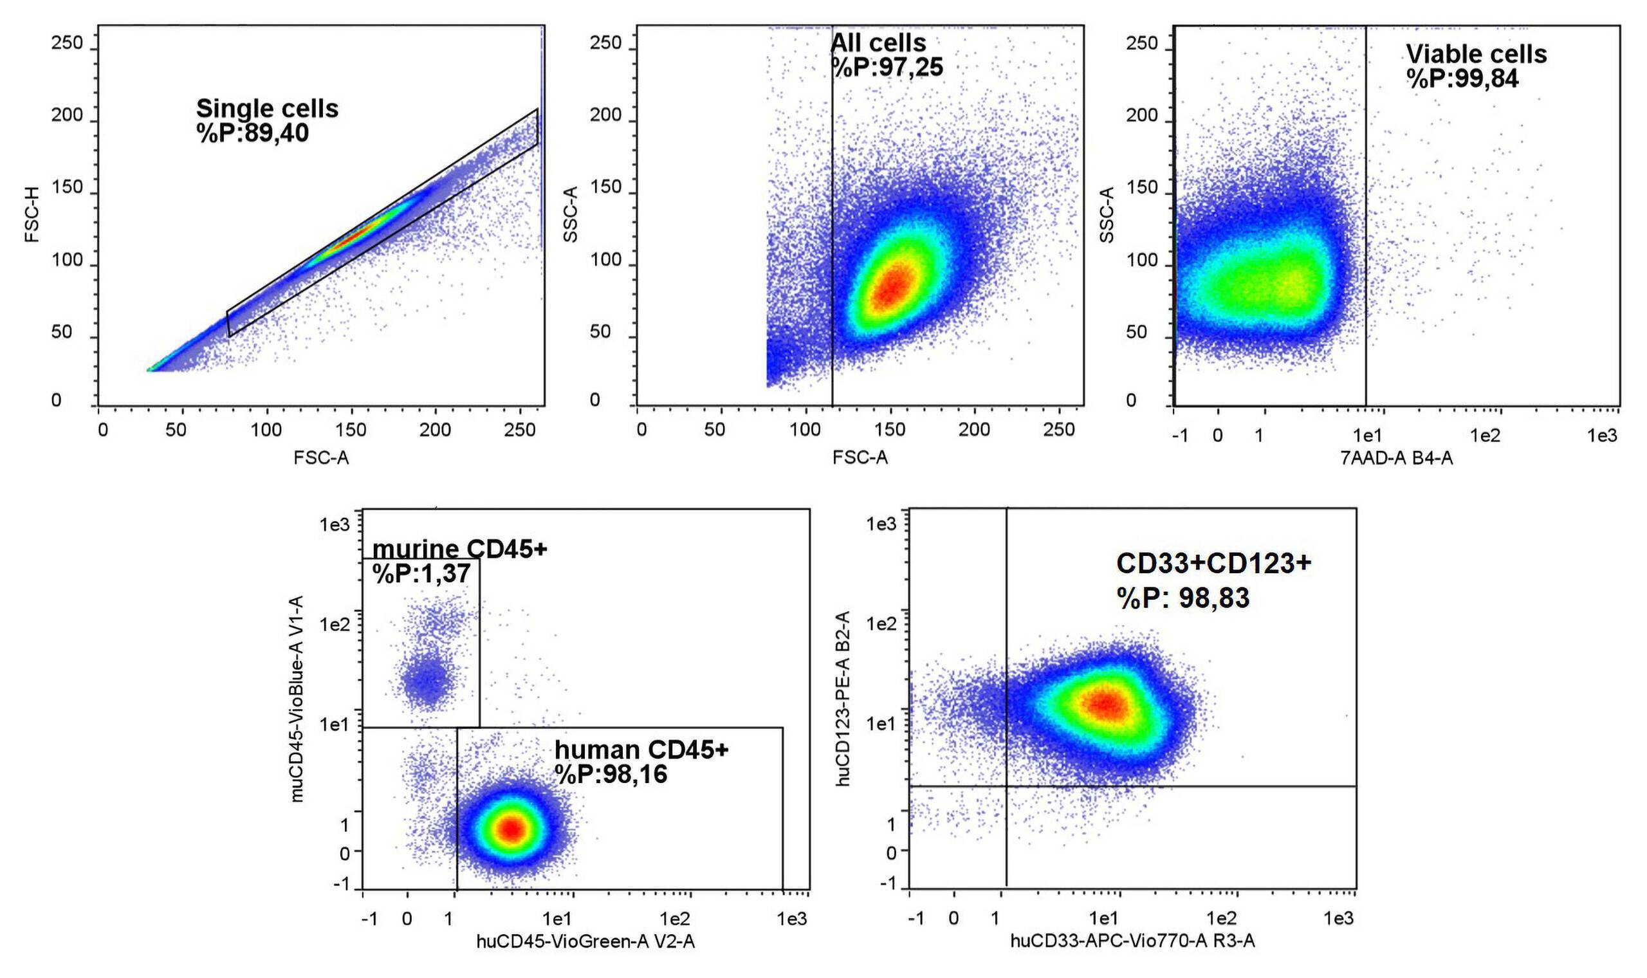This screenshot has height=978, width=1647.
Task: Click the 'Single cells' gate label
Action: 267,109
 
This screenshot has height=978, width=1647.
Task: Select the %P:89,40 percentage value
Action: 252,134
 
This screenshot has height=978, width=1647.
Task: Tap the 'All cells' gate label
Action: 878,43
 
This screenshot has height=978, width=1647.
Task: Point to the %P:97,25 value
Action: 887,67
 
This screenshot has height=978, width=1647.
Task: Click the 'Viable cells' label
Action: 1477,54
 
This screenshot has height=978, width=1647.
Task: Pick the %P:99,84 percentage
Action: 1462,79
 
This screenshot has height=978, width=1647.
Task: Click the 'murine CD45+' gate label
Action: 459,549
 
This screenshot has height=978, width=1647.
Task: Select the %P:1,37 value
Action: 421,574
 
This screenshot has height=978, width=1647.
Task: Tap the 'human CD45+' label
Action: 641,750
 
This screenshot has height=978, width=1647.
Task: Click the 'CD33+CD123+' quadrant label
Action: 1213,564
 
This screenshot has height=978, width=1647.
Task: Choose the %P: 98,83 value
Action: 1182,598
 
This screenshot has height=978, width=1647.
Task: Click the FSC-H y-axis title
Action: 32,214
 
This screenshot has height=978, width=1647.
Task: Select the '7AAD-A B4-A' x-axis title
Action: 1396,458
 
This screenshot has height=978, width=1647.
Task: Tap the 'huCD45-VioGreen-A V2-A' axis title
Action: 585,942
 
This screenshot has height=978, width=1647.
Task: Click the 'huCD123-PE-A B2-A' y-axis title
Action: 843,699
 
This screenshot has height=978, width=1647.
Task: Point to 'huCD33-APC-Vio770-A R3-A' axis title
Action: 1132,941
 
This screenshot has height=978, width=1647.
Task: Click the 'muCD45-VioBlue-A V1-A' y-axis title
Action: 297,699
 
